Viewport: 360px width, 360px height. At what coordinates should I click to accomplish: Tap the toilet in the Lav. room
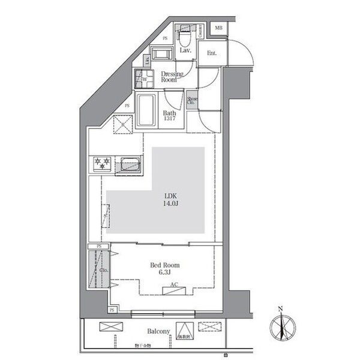click(185, 38)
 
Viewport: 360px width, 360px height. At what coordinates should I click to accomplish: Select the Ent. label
click(212, 53)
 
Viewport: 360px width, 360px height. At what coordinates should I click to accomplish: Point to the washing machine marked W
click(144, 78)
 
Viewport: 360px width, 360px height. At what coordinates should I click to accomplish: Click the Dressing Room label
click(172, 77)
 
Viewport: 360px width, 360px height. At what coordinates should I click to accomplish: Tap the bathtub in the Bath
click(147, 110)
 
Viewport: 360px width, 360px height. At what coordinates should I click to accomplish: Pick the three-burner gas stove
click(101, 163)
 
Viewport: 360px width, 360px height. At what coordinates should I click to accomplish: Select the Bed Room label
click(164, 265)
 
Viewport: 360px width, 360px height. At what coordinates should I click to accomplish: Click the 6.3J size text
click(164, 273)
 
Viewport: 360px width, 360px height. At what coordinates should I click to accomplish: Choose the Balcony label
click(159, 331)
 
